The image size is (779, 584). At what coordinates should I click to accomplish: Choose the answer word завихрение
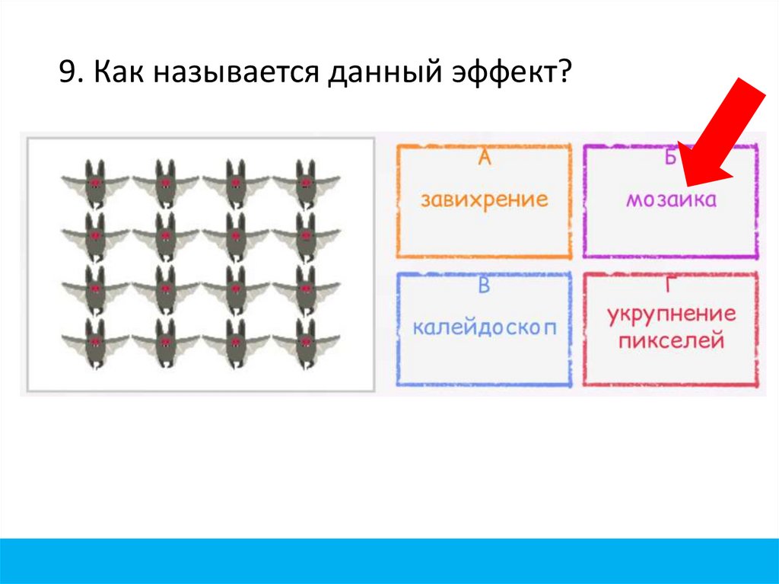click(485, 200)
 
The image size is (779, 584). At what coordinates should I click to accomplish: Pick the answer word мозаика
click(671, 201)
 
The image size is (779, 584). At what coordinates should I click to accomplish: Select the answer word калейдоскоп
click(484, 328)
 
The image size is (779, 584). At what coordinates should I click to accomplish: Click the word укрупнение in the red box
click(672, 316)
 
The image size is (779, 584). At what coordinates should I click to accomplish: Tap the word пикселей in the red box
click(670, 340)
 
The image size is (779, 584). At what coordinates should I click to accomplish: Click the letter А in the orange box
click(485, 158)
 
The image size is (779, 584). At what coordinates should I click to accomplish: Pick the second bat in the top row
click(165, 183)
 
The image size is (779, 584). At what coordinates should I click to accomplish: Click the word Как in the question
click(113, 75)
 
